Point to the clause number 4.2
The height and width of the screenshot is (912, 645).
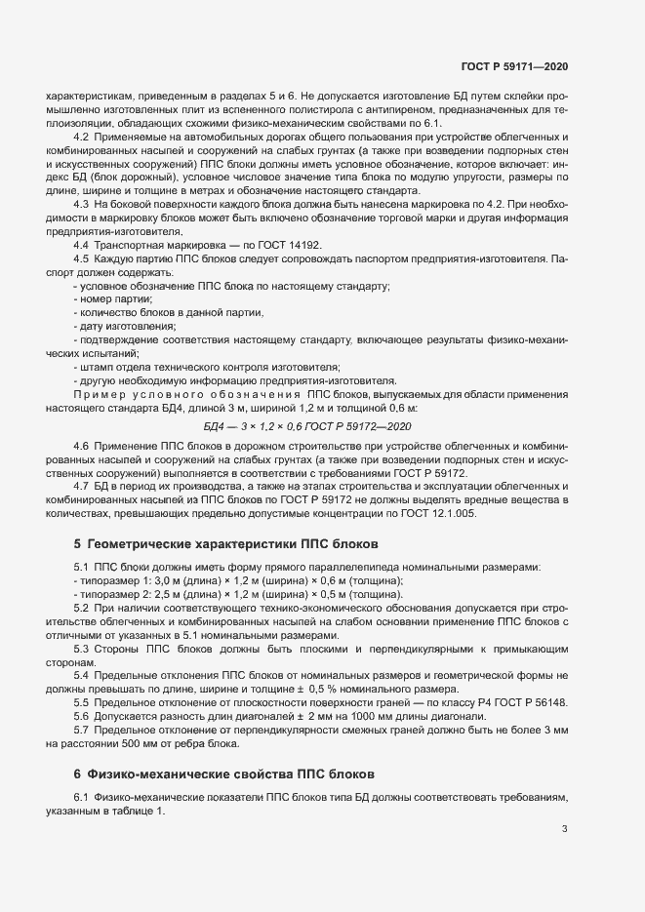(x=81, y=137)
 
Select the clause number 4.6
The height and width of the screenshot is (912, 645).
(x=81, y=445)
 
